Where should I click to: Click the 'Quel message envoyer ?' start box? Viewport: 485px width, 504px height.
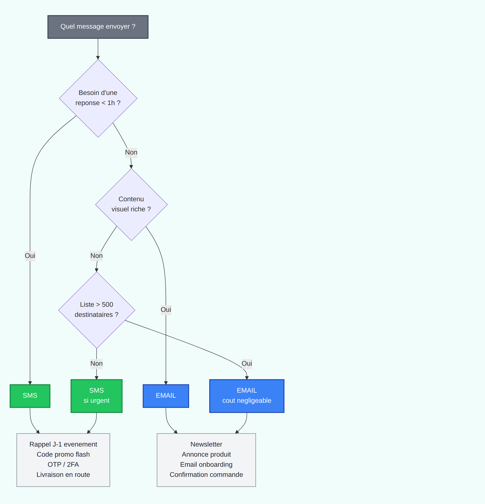(98, 27)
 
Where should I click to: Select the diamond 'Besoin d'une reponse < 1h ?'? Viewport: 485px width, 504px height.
(98, 98)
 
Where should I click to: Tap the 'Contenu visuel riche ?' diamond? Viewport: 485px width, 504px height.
(131, 204)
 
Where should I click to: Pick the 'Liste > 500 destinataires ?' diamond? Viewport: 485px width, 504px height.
(97, 310)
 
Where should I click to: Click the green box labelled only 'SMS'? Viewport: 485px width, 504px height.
(30, 396)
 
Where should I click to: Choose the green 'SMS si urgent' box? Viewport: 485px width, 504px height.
(96, 396)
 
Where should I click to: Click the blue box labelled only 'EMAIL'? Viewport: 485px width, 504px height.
(166, 396)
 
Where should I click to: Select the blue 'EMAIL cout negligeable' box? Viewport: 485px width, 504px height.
(247, 396)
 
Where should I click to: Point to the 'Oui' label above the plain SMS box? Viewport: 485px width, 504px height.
(30, 256)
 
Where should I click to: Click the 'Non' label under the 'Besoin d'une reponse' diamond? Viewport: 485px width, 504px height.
(131, 152)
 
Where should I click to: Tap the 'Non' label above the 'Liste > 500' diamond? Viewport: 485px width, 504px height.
(96, 256)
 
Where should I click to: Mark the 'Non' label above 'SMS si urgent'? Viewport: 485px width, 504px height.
(96, 364)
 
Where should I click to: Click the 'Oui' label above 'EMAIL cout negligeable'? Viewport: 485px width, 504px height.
(247, 364)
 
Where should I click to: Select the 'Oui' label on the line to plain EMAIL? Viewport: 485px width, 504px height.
(166, 309)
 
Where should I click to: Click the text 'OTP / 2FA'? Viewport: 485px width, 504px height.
(63, 465)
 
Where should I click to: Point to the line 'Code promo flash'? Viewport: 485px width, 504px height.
(63, 454)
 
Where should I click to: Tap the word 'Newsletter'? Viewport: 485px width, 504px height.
(206, 444)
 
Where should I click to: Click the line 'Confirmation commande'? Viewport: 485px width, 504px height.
(206, 475)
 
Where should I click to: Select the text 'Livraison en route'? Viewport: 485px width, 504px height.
(63, 475)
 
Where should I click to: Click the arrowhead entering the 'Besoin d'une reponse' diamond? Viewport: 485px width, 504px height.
(98, 58)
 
